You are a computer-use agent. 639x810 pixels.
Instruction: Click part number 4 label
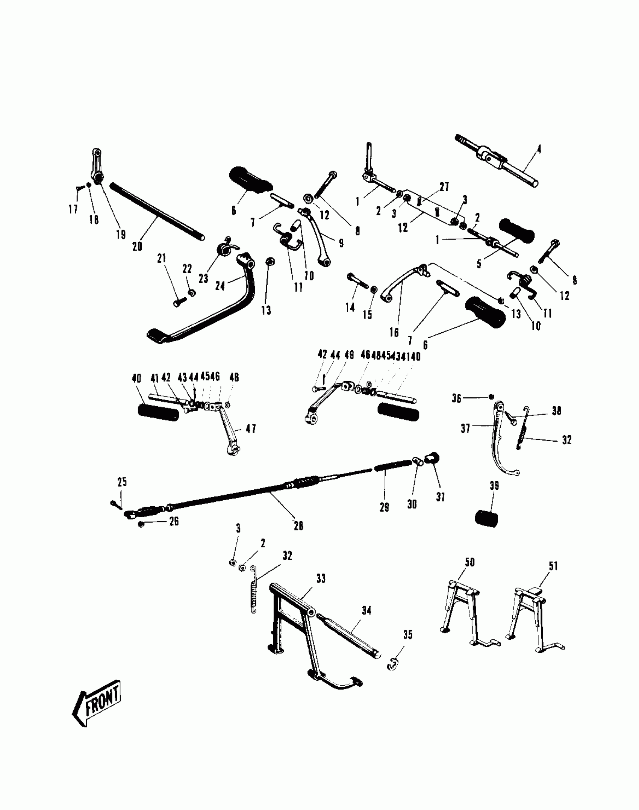tap(539, 150)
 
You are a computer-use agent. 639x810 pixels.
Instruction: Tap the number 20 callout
tap(137, 247)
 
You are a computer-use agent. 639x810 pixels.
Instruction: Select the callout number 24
tap(220, 286)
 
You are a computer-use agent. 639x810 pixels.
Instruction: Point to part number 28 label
tap(298, 526)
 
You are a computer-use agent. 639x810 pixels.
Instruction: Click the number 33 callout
tap(321, 578)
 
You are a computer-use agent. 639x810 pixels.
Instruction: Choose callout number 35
tap(408, 635)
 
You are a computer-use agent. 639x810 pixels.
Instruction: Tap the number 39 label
tap(494, 486)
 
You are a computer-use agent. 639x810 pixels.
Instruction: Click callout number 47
tap(251, 429)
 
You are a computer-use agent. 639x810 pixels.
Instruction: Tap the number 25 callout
tap(122, 482)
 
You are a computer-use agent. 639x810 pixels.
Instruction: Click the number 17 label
tap(73, 209)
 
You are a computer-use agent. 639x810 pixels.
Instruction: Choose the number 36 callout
tap(456, 398)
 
